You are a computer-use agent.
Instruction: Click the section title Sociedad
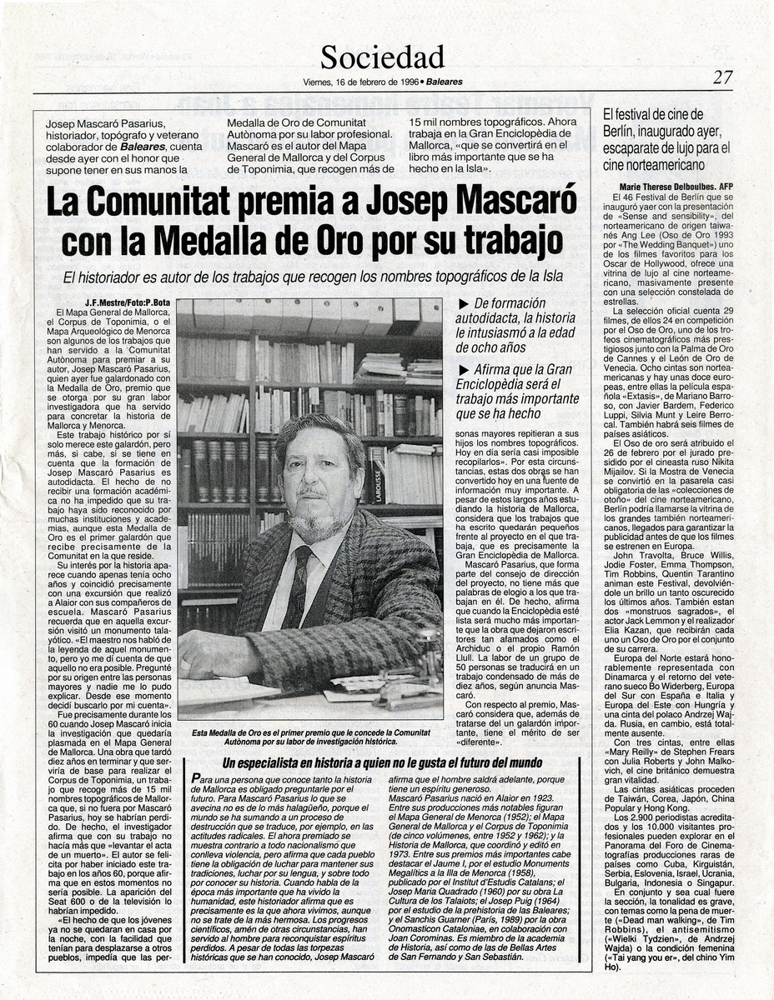pos(382,57)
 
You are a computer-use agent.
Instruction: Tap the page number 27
pos(722,77)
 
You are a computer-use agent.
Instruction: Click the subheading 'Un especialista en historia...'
pos(382,762)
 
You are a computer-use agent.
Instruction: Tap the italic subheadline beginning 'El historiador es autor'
pos(313,277)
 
